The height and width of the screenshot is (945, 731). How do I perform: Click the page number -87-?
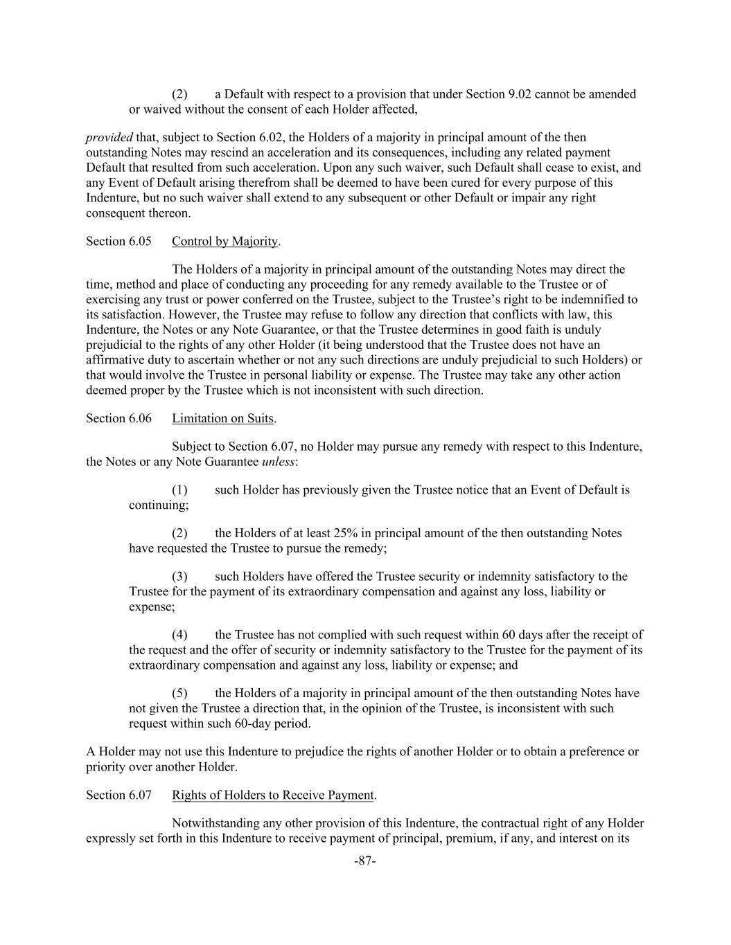tap(364, 861)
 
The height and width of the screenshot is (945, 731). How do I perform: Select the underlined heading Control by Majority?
tap(224, 242)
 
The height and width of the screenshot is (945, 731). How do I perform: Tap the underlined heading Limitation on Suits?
tap(222, 418)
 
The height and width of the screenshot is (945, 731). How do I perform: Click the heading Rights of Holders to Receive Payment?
tap(272, 795)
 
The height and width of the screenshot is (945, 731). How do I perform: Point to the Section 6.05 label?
tap(118, 242)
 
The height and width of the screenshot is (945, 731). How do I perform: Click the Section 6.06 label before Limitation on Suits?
tap(118, 418)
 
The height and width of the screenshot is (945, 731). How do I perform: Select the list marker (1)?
tap(179, 490)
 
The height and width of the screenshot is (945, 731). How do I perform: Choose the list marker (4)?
tap(179, 635)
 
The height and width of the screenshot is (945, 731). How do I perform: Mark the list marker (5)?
tap(179, 693)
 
